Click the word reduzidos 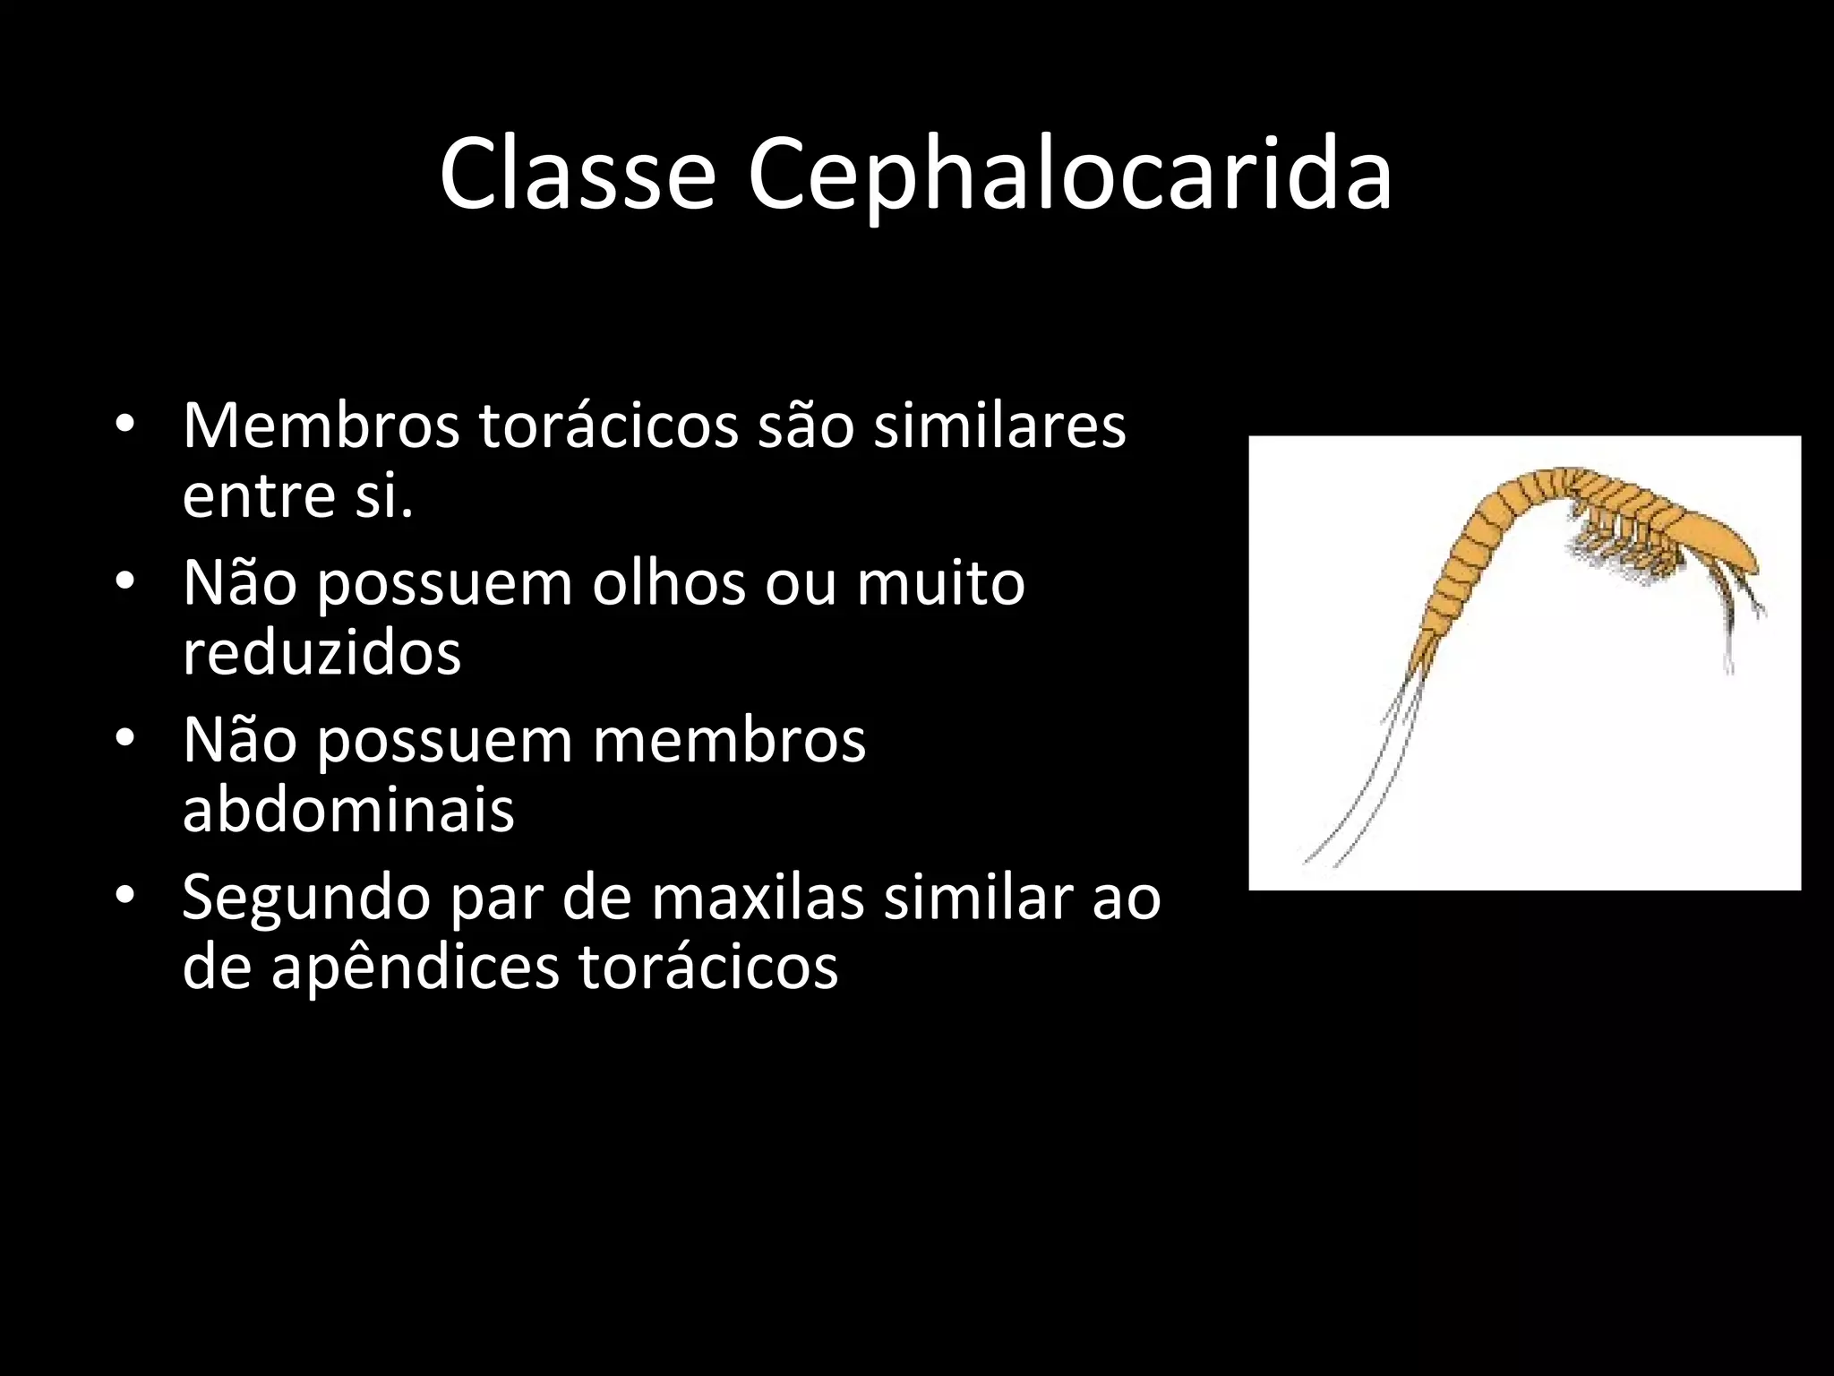click(x=321, y=652)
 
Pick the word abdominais click(x=348, y=810)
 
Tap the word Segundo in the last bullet click(x=306, y=899)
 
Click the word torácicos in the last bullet click(x=708, y=967)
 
